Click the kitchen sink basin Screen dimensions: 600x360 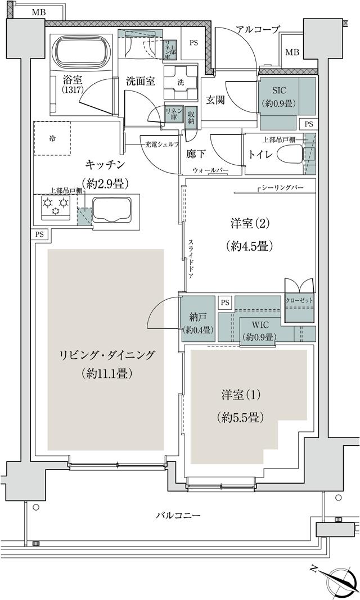coord(111,210)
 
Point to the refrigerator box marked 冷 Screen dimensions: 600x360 coord(52,138)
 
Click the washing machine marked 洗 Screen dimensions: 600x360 coord(180,82)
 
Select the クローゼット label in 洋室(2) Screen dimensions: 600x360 coord(299,301)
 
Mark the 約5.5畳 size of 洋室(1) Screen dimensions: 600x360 coord(240,417)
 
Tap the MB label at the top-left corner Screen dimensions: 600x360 coord(39,12)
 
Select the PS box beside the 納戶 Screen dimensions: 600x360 coord(225,303)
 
